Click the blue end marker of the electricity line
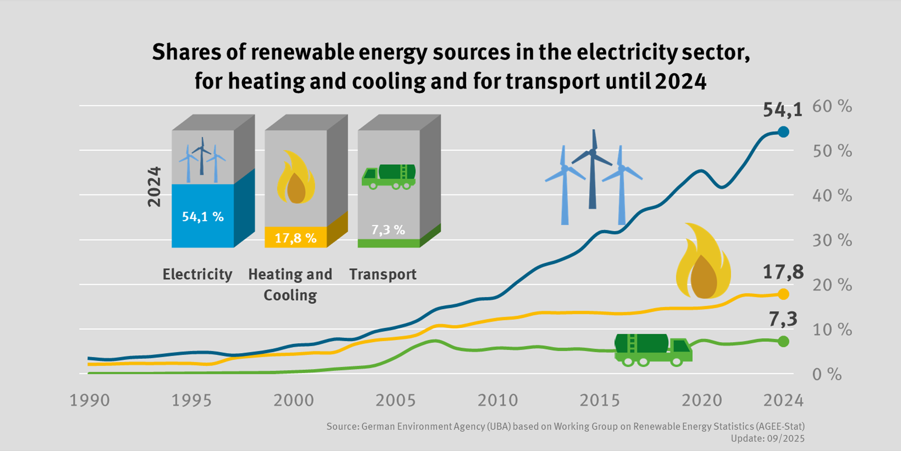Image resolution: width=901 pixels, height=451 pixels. point(783,132)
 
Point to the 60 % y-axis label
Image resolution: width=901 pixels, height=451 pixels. point(832,107)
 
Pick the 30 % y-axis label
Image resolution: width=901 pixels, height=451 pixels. point(832,240)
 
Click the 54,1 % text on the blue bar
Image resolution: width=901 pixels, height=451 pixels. point(203,217)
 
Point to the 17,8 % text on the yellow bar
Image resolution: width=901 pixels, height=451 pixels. point(295,238)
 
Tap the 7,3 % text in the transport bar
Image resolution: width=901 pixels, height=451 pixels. point(388,230)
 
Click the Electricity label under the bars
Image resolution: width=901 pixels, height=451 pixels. point(197,274)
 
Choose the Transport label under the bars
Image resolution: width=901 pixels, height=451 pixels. point(383,274)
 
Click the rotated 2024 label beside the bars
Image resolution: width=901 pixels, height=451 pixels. point(154,186)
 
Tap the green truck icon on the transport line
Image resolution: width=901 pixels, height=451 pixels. point(653,350)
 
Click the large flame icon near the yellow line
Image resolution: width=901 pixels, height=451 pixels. point(703,261)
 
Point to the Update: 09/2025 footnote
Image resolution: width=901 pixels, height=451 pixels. point(767,439)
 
